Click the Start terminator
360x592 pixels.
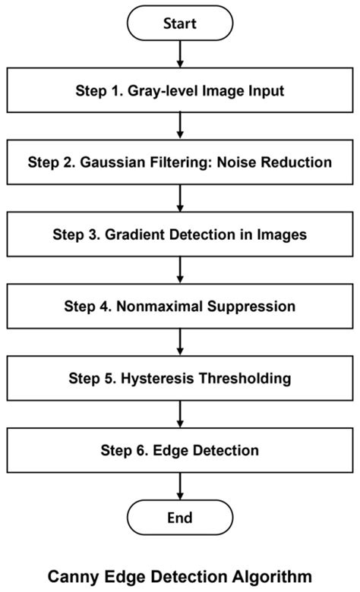[180, 24]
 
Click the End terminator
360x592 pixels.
[180, 518]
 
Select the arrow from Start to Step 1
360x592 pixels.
[180, 55]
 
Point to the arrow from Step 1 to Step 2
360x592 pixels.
[180, 127]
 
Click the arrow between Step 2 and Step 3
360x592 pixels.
[180, 198]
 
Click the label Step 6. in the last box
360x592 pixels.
[122, 451]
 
